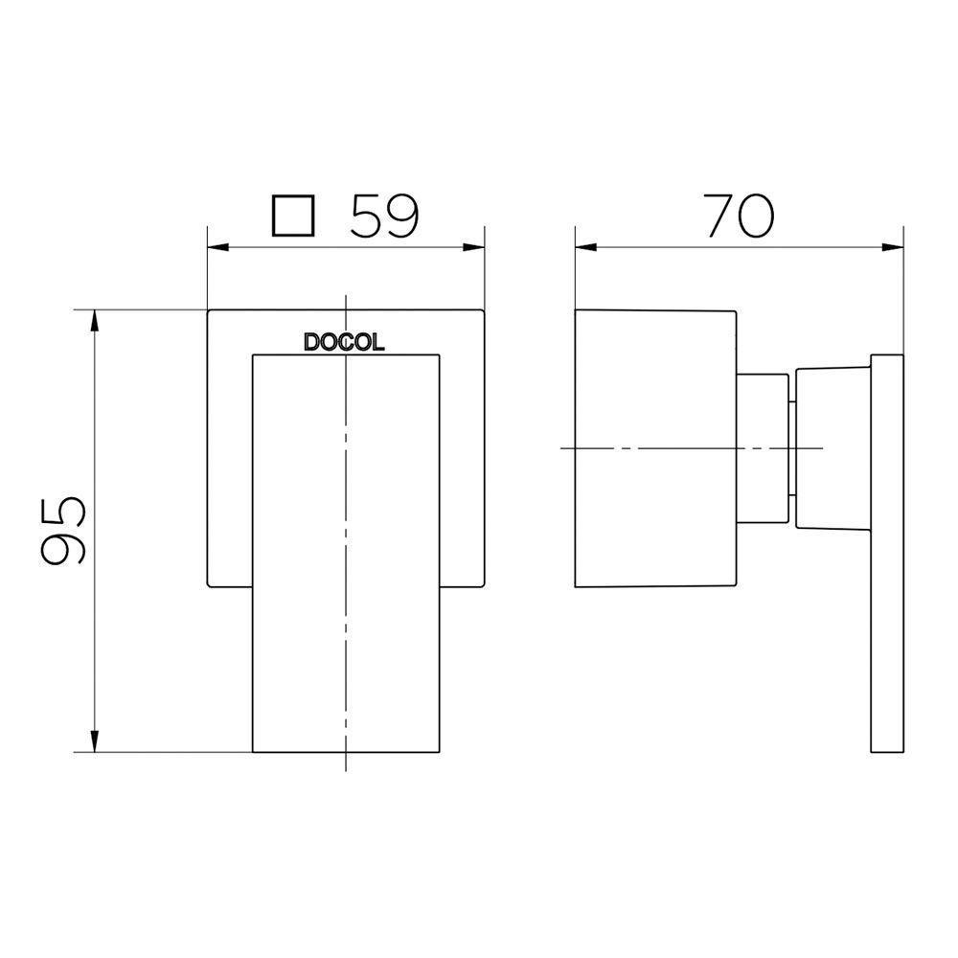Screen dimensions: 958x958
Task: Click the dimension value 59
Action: point(384,217)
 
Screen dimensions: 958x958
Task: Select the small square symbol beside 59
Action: point(293,217)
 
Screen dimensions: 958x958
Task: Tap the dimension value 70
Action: point(740,217)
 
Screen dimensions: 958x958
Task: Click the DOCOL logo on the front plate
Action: point(344,342)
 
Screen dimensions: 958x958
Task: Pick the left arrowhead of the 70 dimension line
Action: point(585,247)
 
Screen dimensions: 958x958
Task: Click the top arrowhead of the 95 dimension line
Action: point(95,321)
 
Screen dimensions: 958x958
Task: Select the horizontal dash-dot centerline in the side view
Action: point(690,447)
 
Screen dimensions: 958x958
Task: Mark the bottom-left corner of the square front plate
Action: point(210,584)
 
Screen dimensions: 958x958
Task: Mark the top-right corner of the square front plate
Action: point(482,310)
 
